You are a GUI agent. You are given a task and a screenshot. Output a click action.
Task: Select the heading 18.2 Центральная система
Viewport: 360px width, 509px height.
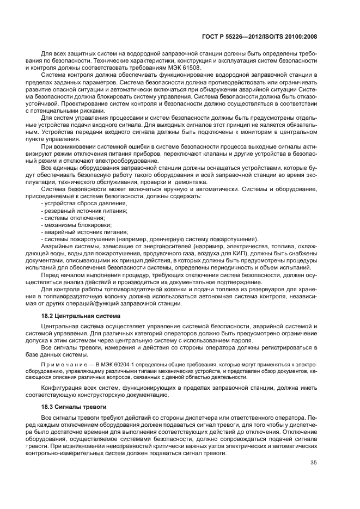click(x=76, y=315)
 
